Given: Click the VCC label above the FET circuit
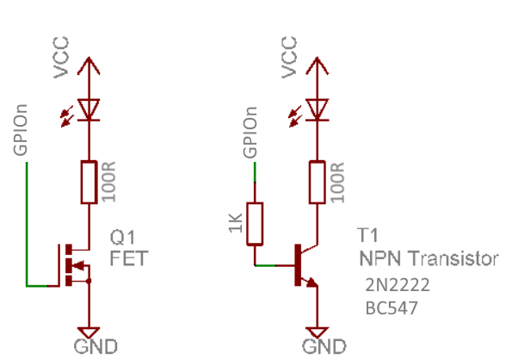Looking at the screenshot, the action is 61,58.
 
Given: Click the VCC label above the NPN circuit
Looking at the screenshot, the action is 289,58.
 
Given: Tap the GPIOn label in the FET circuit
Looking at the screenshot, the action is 21,130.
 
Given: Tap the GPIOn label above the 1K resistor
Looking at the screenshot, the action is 250,133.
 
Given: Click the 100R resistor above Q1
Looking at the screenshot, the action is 89,182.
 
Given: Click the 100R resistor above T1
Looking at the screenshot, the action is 317,182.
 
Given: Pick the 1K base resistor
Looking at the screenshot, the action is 255,223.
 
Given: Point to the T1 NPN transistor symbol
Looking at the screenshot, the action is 306,265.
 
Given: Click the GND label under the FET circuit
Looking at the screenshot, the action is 96,346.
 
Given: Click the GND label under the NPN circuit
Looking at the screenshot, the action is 324,346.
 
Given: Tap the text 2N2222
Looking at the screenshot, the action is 398,285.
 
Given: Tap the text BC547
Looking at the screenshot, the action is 392,308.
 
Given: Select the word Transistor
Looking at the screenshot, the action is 453,258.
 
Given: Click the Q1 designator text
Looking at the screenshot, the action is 122,237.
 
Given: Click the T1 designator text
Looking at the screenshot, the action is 368,235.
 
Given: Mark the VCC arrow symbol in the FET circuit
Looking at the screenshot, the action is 89,66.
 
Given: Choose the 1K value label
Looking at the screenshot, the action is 236,223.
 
